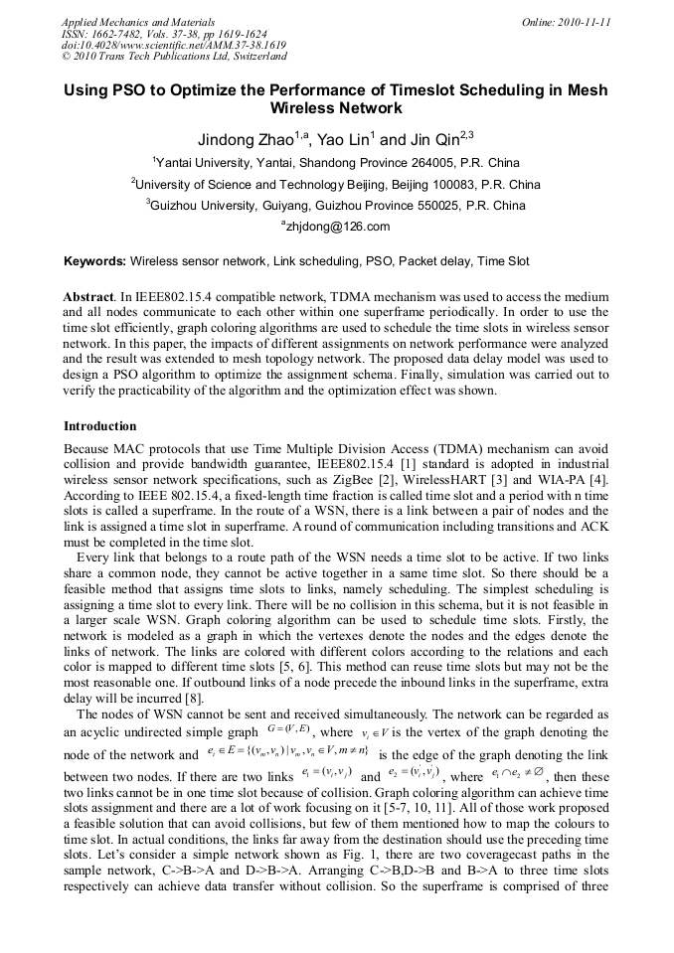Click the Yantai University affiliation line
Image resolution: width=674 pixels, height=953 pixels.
click(335, 163)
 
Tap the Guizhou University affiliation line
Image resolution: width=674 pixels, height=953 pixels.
click(335, 207)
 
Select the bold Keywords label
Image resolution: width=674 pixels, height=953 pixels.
click(94, 262)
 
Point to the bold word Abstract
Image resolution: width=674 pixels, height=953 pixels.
click(87, 297)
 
